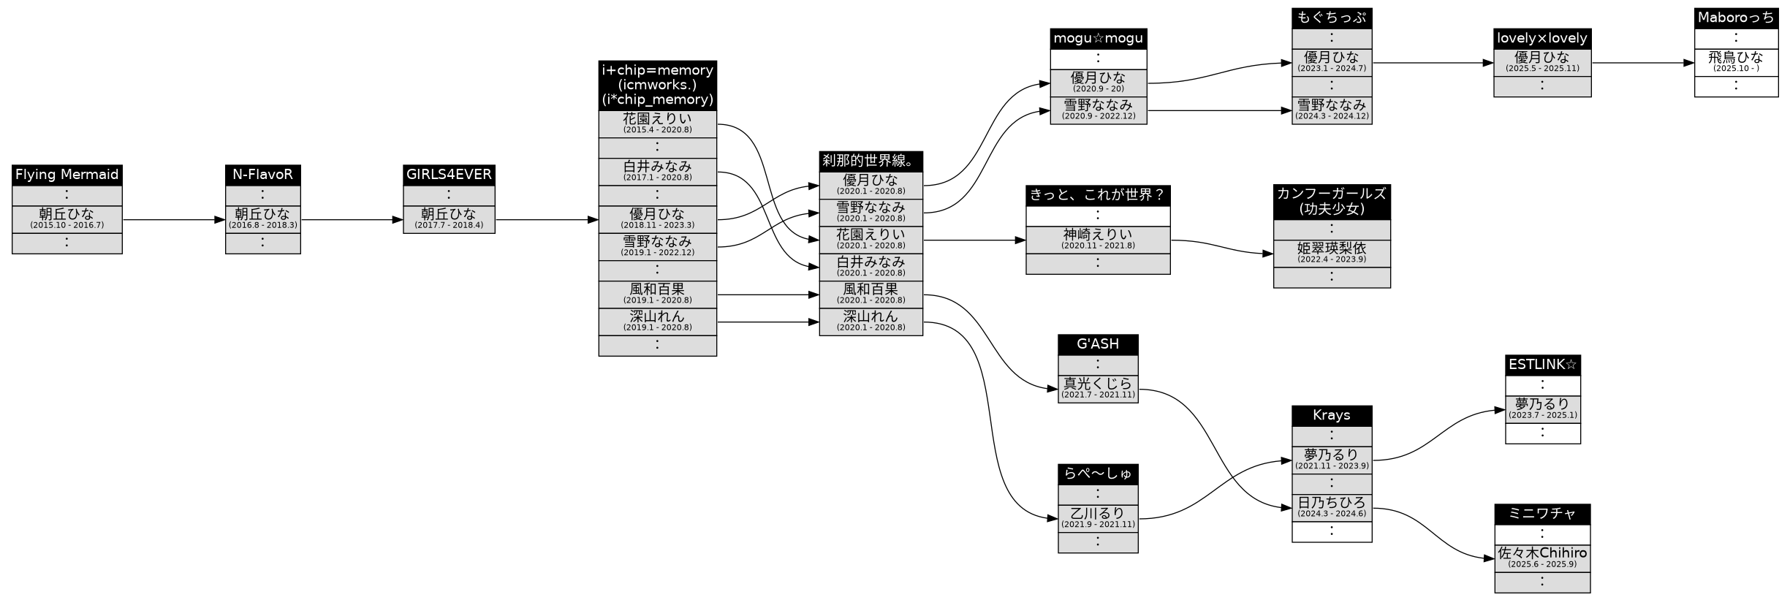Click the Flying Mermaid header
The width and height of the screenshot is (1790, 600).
click(67, 175)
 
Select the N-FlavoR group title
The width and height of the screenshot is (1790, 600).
click(262, 175)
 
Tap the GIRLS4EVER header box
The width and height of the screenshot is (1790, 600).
click(449, 175)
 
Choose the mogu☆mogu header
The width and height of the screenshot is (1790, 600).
click(1098, 39)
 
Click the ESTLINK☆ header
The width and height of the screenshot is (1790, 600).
click(1542, 365)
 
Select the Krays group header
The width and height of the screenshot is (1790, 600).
click(1331, 416)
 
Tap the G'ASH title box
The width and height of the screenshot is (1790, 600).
click(1097, 344)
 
